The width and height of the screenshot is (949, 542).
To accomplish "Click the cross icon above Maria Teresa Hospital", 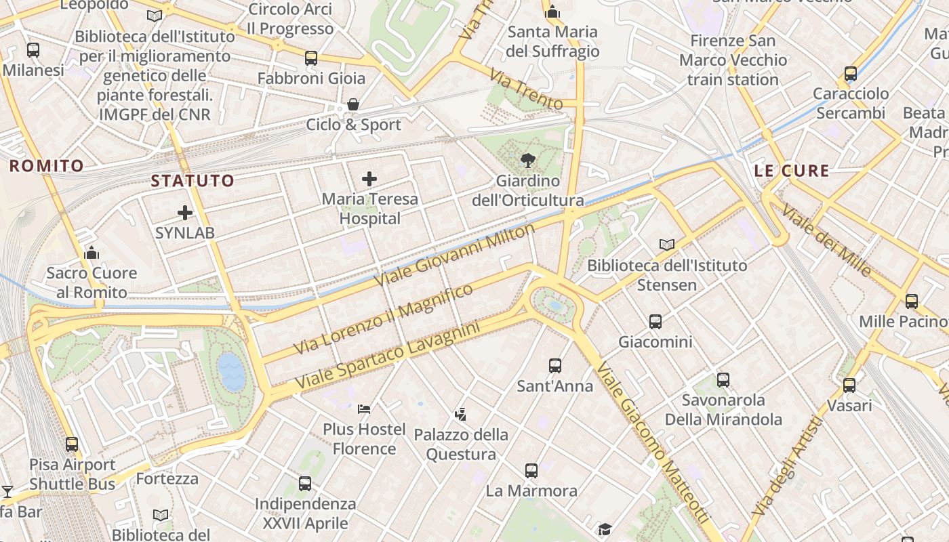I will pos(369,179).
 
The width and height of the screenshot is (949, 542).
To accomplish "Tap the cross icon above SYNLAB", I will pos(185,213).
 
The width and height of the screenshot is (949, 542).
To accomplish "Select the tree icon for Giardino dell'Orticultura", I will pos(527,161).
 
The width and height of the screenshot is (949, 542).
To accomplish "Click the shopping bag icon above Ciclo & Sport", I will pos(353,104).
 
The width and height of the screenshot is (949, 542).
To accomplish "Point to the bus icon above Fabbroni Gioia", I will pos(311,58).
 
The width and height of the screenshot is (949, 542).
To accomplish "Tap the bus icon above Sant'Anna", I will pos(555,366).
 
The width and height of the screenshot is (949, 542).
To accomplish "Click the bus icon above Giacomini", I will pos(655,322).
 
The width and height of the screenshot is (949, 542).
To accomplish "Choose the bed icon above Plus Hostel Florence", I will pos(364,409).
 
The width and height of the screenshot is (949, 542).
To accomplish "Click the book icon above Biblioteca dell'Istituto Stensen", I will pos(667,245).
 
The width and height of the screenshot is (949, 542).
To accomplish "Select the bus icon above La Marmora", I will pos(531,470).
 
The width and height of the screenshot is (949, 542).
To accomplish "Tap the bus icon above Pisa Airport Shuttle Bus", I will pos(72,444).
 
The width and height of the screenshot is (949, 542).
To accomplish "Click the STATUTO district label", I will pos(193,181).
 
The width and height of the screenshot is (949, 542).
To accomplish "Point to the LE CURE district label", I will pos(792,171).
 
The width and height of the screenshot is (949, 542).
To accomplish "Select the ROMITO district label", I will pos(47,165).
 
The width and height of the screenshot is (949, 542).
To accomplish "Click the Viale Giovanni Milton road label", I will pos(455,254).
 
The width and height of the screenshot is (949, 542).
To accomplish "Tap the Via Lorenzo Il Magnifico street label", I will pos(384,318).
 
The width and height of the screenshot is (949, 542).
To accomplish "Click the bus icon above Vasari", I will pos(849,385).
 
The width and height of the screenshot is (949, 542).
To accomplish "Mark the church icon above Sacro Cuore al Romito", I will pos(92,253).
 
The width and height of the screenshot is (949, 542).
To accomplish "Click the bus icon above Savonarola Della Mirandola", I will pos(723,379).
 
